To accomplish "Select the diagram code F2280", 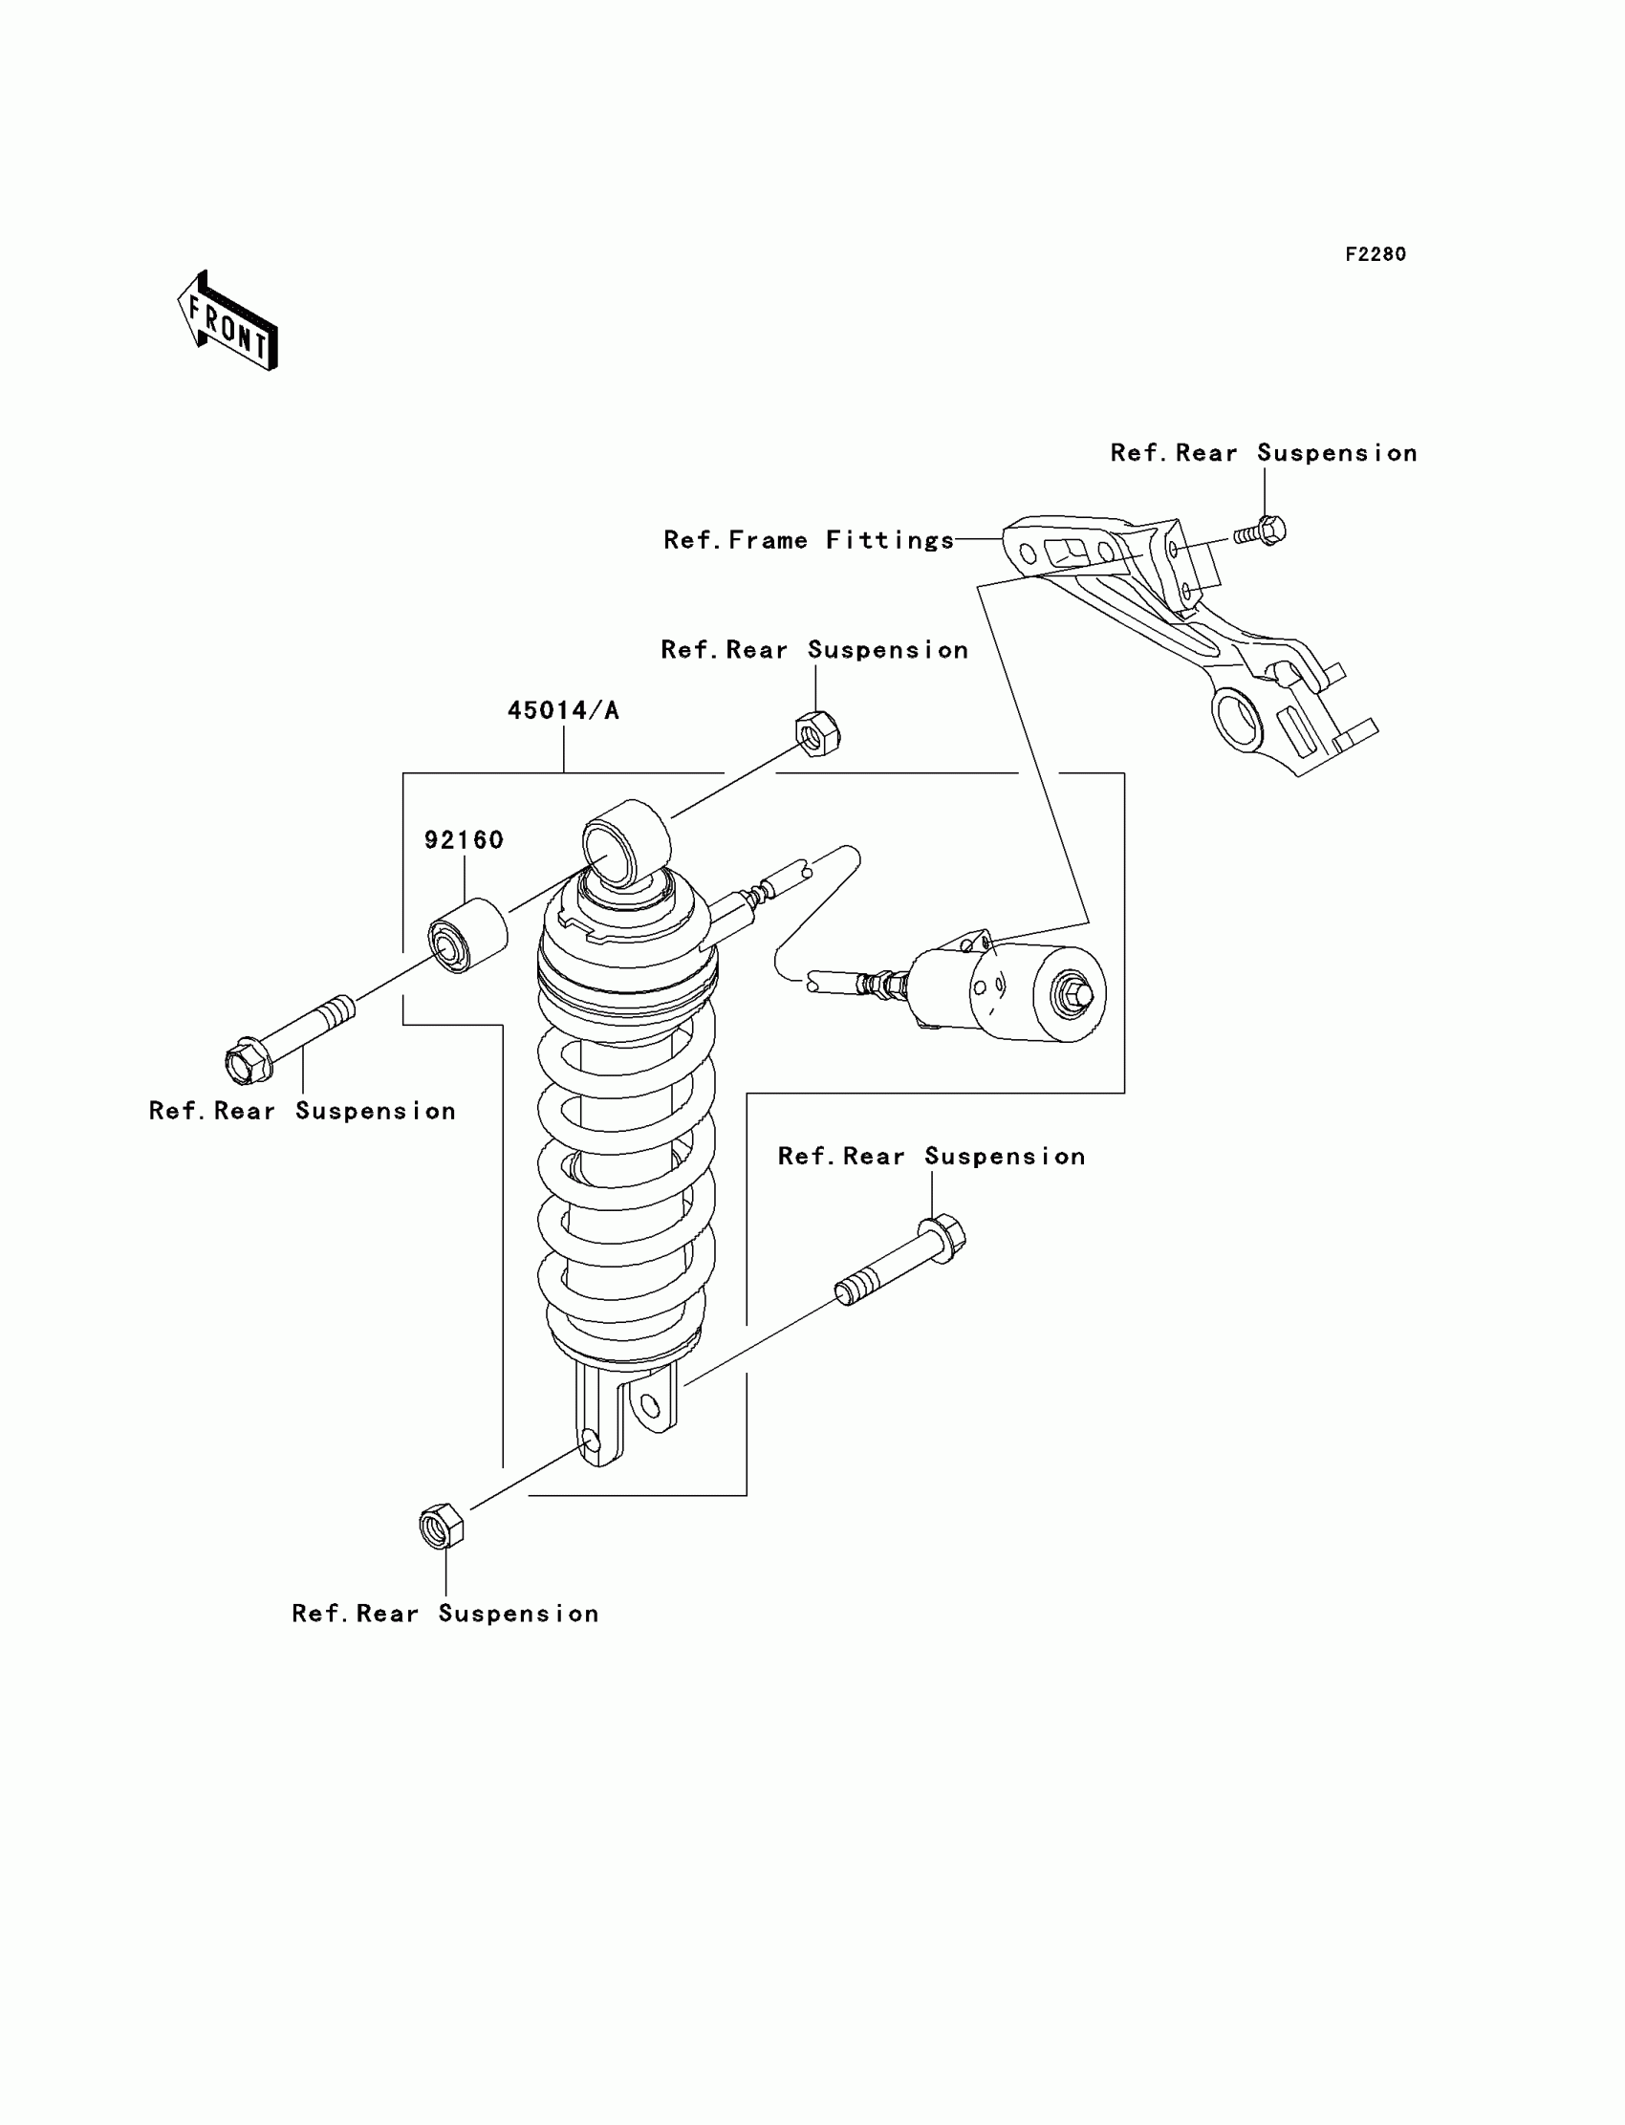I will (1375, 254).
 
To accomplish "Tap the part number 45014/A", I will (563, 711).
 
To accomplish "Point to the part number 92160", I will (465, 839).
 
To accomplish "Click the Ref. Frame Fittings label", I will (809, 540).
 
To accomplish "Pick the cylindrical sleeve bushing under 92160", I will (468, 935).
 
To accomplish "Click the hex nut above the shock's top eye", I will (817, 734).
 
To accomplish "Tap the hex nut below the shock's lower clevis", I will (441, 1527).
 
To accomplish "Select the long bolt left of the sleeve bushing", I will (291, 1039).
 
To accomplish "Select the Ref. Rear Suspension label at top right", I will (1264, 453).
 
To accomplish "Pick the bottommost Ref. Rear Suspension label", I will (444, 1614).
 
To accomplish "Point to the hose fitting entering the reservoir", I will (885, 985).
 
